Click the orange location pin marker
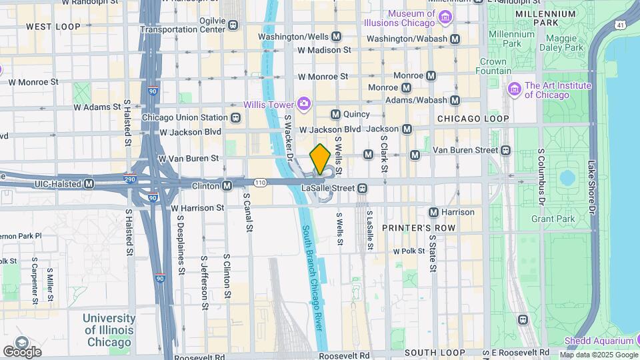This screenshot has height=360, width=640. pos(320,159)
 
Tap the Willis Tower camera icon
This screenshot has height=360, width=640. pos(304,103)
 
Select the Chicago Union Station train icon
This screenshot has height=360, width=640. pos(235,118)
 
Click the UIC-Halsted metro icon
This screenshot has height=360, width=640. pos(89,183)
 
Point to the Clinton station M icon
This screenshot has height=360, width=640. pos(227,185)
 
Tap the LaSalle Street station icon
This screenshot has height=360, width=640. pos(362,188)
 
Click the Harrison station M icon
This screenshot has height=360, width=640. pos(433,212)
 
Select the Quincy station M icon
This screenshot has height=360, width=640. pos(335,114)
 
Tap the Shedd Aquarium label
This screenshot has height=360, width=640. pos(598,341)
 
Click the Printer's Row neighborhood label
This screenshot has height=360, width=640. pos(418,228)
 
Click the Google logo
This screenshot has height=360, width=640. pos(22,351)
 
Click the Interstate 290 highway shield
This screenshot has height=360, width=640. pos(131,179)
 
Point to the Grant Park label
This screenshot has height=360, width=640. pos(553,219)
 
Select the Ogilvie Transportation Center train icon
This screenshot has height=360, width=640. pos(233,25)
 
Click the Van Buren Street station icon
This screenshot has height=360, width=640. pos(506,150)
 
